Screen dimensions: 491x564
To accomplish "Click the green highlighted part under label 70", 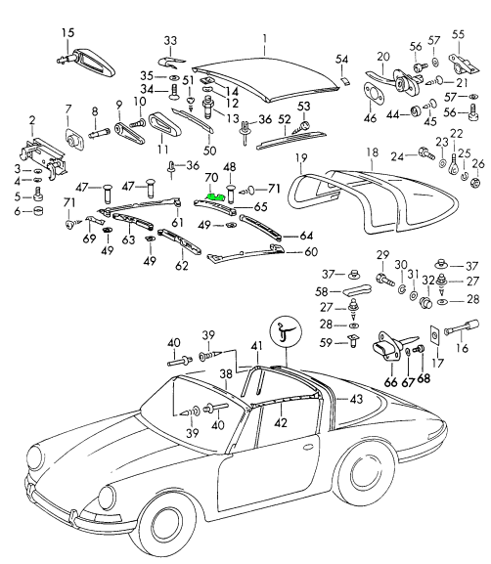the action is click(216, 196).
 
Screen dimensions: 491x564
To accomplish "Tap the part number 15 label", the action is click(67, 32).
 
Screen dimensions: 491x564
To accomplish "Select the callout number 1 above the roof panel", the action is click(265, 39).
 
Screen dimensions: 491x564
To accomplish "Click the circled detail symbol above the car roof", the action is click(287, 331).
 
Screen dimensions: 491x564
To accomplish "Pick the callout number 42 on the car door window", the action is click(281, 422).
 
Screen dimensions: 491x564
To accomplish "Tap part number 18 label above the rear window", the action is click(373, 152).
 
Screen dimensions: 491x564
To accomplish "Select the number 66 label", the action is click(390, 381).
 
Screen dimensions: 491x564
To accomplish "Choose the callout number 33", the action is click(170, 40).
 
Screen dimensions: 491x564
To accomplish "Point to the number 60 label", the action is click(311, 252).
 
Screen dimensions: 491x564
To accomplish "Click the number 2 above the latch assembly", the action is click(32, 120).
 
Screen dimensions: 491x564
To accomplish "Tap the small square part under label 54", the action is click(344, 80).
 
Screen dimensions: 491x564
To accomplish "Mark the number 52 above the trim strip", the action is click(285, 119).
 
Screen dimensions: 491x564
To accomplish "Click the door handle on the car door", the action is click(308, 447).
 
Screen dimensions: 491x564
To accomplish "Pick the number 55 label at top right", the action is click(459, 34).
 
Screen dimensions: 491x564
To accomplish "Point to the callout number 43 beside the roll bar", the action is click(356, 399).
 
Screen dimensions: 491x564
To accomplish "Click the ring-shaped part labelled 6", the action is click(38, 211).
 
